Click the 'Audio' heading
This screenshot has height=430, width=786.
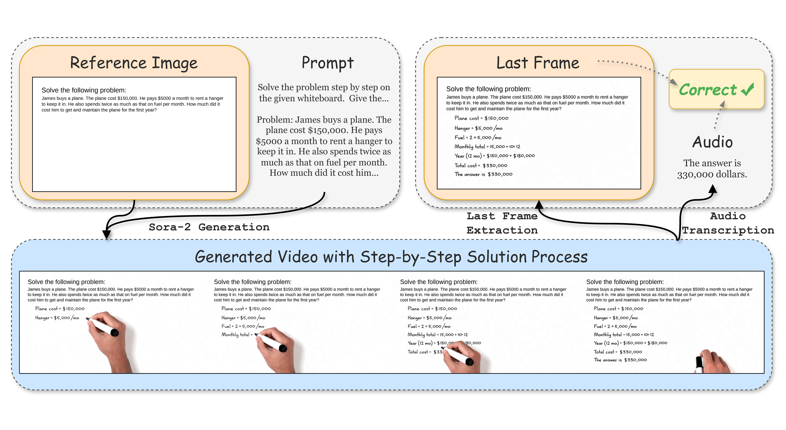(712, 142)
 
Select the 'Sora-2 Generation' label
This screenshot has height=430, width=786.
(209, 227)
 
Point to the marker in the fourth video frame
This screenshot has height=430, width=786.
(699, 364)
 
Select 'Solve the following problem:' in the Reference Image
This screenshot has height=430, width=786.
(84, 90)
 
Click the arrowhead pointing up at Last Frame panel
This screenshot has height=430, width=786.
(539, 204)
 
